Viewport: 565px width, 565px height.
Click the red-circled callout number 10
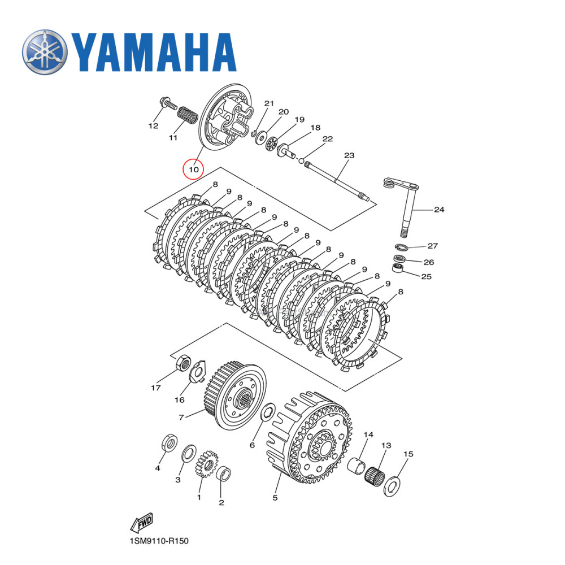(193, 169)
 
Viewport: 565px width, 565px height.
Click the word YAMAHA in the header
(153, 53)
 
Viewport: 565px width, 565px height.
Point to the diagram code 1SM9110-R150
(158, 541)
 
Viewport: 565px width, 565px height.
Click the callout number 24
(439, 210)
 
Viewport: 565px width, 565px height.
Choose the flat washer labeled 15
(391, 486)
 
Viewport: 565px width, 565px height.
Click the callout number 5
(275, 498)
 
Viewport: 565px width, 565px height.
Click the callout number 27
(432, 246)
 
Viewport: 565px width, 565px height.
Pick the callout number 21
(269, 103)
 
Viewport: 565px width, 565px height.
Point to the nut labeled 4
(168, 442)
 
